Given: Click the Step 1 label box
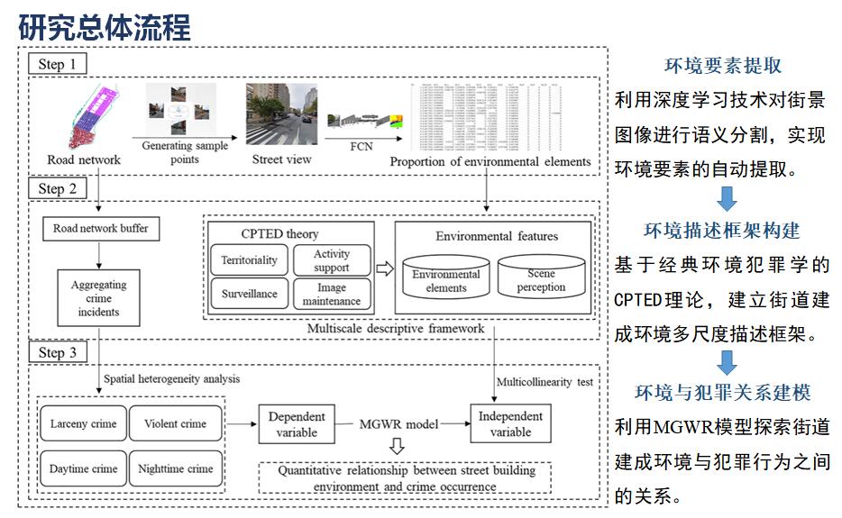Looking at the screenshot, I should tap(62, 64).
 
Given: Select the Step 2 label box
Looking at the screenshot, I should tap(62, 188).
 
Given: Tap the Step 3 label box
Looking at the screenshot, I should tap(62, 352).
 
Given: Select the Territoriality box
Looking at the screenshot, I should tap(250, 261).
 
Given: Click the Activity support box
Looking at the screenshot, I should tap(331, 260).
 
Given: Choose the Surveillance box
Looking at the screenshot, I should tap(250, 294).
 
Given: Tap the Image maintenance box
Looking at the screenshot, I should tap(331, 294).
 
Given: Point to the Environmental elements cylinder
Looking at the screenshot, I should tap(446, 278).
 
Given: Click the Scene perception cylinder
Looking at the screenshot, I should tap(541, 277).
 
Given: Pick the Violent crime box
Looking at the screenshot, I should tap(175, 424).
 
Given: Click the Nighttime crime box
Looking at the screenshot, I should tap(175, 468).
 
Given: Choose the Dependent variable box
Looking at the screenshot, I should tap(297, 424).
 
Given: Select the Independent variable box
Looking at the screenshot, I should tap(510, 424).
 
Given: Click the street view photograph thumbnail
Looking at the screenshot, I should tap(281, 114).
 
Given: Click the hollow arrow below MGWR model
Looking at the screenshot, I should tap(398, 446).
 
